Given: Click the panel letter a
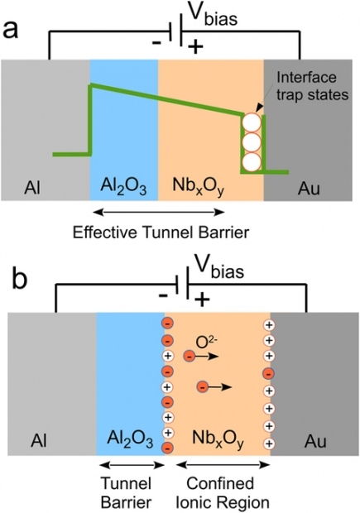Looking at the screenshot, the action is [x=10, y=30].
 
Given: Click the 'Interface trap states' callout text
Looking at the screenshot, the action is [x=312, y=86].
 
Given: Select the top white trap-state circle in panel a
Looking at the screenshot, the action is [x=252, y=122].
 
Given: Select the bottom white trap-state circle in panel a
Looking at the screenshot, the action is [x=252, y=161].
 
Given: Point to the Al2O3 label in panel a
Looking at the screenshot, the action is [x=123, y=187].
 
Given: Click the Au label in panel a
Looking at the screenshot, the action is [x=309, y=188].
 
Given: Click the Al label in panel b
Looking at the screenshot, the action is [x=39, y=440].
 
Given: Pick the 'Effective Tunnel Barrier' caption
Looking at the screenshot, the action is [x=161, y=233].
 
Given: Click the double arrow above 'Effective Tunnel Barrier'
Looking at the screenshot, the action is [x=159, y=213].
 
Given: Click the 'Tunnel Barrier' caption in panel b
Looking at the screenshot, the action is [x=126, y=492].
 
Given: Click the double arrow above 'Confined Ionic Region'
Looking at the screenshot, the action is [x=223, y=464].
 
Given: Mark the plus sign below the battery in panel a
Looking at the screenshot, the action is [x=195, y=48].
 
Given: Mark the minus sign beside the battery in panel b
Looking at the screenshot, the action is [x=163, y=295].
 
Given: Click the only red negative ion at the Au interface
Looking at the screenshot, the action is [x=269, y=373].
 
